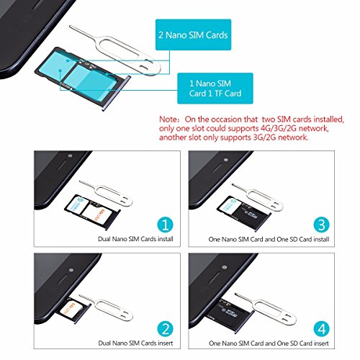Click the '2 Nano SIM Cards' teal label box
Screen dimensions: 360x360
pos(193,35)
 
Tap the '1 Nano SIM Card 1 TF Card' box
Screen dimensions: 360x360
pos(215,89)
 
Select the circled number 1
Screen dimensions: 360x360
pos(165,225)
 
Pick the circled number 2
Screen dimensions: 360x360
pos(165,329)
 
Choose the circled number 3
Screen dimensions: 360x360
pos(321,225)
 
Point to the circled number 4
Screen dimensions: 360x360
pos(321,329)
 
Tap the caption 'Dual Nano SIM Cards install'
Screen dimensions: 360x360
pos(135,239)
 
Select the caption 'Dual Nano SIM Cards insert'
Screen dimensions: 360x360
pos(135,343)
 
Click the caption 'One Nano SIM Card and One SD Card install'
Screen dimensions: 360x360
pos(269,239)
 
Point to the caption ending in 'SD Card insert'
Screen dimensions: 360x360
pos(269,343)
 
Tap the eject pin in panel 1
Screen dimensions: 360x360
pos(106,193)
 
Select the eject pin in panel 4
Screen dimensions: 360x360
pos(265,307)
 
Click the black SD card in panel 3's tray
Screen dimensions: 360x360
pos(251,212)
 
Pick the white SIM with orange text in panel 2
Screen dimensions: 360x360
pos(71,308)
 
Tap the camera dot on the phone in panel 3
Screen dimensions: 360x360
pos(225,160)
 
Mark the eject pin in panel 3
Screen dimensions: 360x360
pos(258,197)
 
